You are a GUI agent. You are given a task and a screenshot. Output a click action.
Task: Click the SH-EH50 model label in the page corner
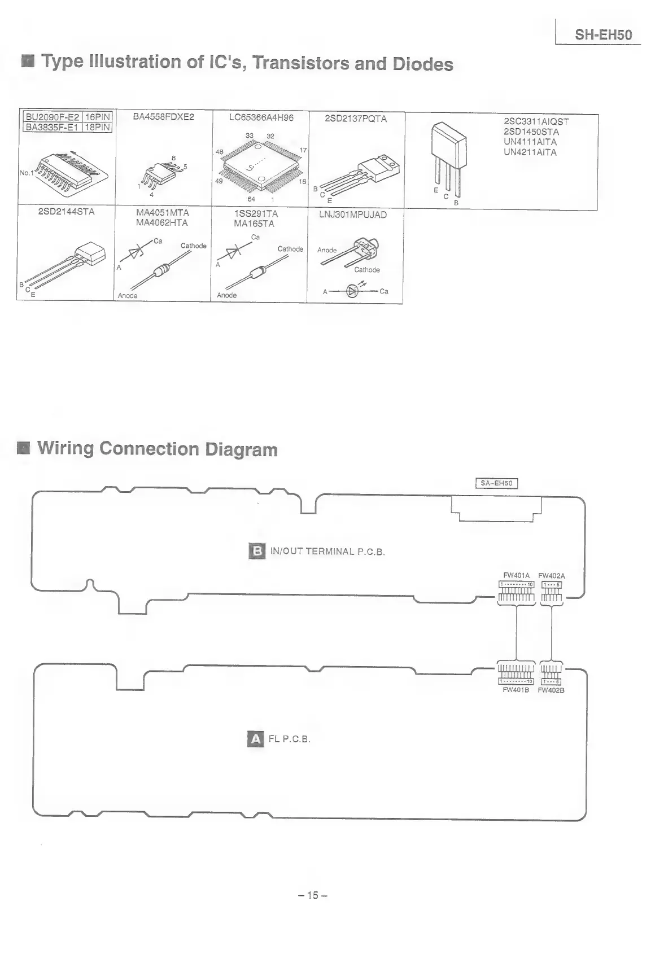[603, 35]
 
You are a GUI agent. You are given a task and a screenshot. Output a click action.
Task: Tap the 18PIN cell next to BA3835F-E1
[98, 128]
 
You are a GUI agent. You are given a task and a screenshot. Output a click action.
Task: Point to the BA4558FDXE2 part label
[163, 117]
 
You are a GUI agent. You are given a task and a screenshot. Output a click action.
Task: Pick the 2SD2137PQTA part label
[356, 119]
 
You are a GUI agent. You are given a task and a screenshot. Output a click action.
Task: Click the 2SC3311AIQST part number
[536, 121]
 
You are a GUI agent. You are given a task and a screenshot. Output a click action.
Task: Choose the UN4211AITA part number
[530, 152]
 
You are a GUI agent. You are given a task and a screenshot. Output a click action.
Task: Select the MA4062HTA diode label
[162, 223]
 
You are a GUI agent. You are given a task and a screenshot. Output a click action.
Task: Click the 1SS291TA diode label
[256, 214]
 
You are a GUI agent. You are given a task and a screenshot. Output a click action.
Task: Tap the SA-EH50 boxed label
[496, 483]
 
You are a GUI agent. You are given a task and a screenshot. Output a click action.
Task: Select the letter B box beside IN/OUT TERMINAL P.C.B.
[257, 551]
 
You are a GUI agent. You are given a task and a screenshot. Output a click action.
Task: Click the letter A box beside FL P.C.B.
[256, 739]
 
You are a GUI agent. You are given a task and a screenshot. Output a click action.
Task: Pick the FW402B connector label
[551, 690]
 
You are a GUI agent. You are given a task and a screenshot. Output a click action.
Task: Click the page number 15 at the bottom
[313, 895]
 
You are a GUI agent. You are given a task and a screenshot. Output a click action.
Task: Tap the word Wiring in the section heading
[65, 449]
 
